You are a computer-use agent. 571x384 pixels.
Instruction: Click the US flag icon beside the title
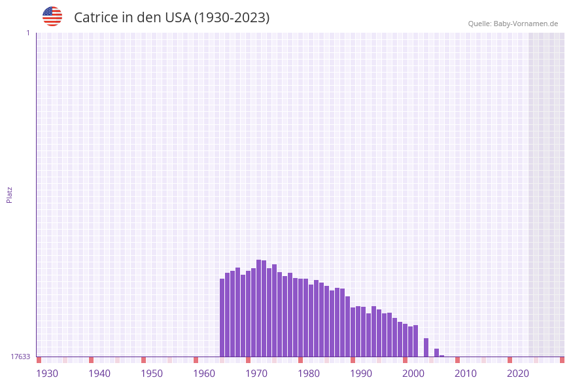pos(52,16)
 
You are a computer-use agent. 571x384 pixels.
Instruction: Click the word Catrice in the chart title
pos(95,18)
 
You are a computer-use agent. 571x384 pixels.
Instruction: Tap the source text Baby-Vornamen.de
pos(525,24)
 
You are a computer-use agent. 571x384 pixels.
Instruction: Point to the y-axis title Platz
pos(10,194)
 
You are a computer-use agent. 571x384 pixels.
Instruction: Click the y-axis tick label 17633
pos(20,357)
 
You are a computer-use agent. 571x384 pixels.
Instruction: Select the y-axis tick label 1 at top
pos(27,33)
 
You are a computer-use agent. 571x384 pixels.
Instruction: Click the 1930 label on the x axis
pos(47,374)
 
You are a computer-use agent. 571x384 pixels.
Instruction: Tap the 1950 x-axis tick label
pos(152,374)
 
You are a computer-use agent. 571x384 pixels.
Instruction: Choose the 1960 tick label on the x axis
pos(204,374)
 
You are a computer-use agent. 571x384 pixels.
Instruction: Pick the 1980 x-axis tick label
pos(309,374)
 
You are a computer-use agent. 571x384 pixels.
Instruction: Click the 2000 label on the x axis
pos(413,374)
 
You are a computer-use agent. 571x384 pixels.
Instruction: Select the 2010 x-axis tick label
pos(466,374)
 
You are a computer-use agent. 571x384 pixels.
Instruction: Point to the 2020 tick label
pos(518,374)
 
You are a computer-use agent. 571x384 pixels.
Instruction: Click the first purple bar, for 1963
pos(222,317)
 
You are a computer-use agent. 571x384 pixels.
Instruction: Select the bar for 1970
pos(259,307)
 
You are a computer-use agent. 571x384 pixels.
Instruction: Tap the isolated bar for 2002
pos(426,347)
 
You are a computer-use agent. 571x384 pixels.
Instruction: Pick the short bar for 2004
pos(437,353)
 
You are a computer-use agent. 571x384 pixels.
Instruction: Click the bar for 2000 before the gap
pos(416,341)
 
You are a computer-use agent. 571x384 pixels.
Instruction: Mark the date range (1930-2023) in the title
pos(232,18)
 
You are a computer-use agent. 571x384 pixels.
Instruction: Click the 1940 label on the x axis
pos(99,374)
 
